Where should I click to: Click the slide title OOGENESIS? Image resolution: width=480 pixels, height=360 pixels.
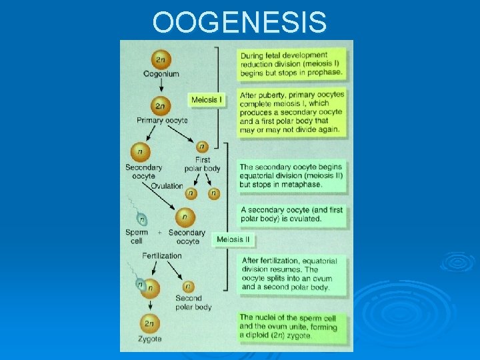pyautogui.click(x=239, y=21)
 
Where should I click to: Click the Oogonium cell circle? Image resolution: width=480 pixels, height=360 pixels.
pyautogui.click(x=161, y=60)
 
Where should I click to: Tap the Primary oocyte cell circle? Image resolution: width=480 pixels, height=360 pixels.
pyautogui.click(x=161, y=106)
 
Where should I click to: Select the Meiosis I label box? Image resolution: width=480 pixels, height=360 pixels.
pyautogui.click(x=207, y=100)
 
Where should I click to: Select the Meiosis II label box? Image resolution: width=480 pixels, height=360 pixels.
pyautogui.click(x=233, y=239)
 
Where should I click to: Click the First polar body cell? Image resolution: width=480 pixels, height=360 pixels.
pyautogui.click(x=202, y=147)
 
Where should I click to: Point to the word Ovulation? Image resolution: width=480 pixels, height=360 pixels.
pyautogui.click(x=167, y=185)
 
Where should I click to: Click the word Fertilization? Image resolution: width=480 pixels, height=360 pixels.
pyautogui.click(x=161, y=255)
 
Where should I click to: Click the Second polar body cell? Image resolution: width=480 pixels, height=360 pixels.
pyautogui.click(x=189, y=286)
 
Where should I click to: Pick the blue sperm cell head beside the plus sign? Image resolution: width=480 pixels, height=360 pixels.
pyautogui.click(x=141, y=218)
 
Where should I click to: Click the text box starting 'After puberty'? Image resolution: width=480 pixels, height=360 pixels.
pyautogui.click(x=292, y=112)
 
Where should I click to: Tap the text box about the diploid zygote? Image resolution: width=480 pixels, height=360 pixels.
pyautogui.click(x=292, y=327)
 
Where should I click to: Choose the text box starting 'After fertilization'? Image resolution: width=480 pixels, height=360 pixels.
pyautogui.click(x=292, y=273)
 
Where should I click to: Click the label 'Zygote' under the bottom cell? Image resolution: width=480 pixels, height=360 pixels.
pyautogui.click(x=150, y=339)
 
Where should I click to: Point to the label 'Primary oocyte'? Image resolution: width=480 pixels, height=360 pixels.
pyautogui.click(x=162, y=121)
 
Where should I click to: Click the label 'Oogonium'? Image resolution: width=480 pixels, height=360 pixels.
pyautogui.click(x=161, y=74)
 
